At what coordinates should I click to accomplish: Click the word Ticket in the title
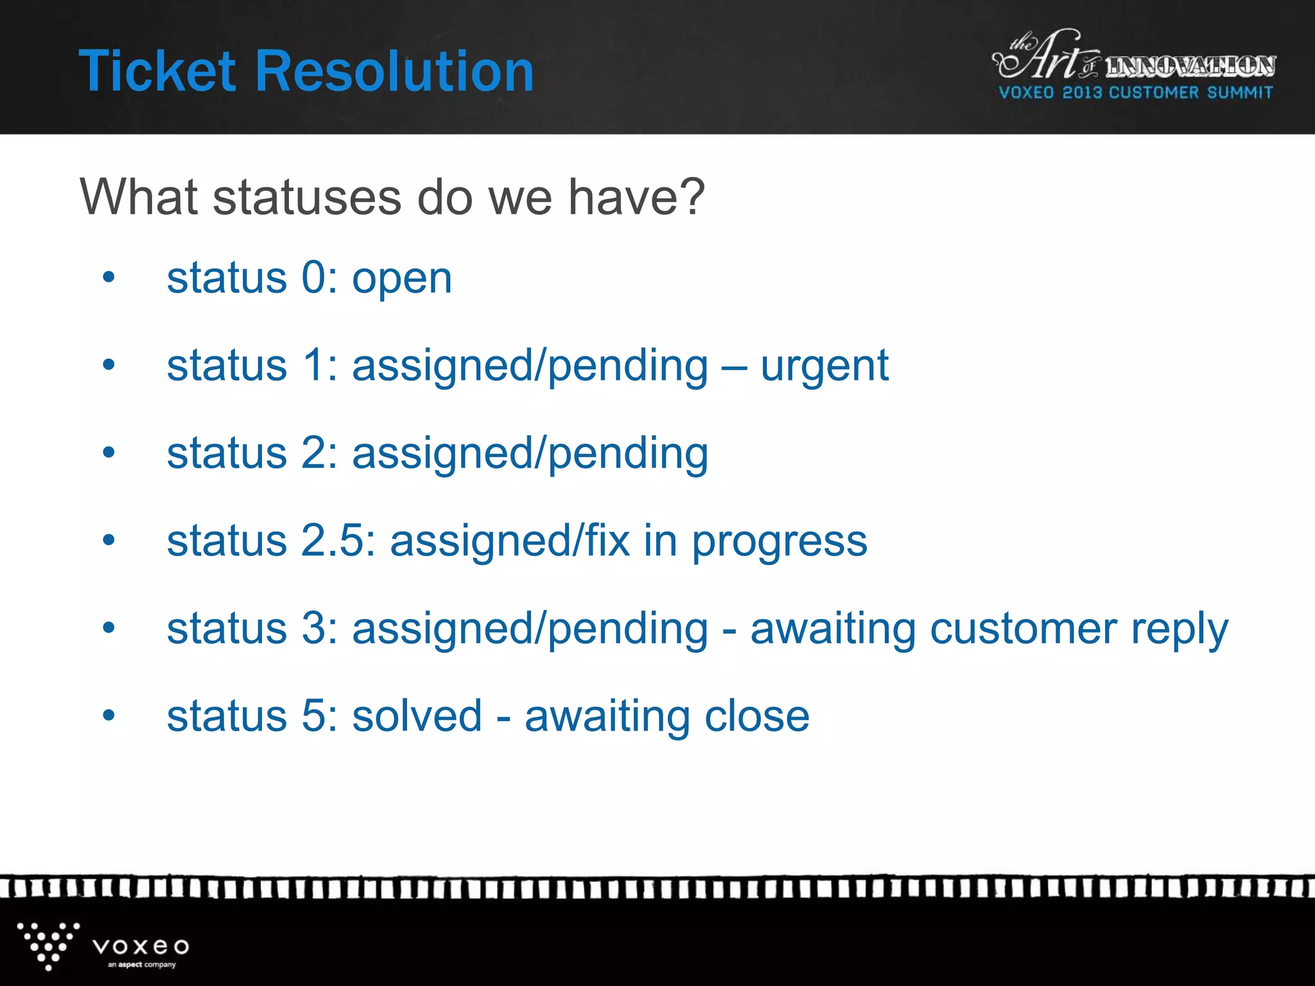(x=157, y=71)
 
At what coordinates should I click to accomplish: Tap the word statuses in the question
(x=306, y=197)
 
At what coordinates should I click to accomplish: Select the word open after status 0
(x=402, y=280)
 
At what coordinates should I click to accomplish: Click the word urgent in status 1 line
(x=824, y=367)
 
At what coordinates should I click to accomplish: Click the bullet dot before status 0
(x=109, y=277)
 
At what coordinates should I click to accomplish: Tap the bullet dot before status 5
(x=109, y=715)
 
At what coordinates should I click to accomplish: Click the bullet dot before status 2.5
(x=109, y=540)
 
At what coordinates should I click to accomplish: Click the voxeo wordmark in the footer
(x=141, y=946)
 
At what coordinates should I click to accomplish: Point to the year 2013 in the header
(x=1082, y=92)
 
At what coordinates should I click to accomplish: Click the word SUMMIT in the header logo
(x=1239, y=92)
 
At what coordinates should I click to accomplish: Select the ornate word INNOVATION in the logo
(x=1190, y=66)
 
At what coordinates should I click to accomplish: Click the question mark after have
(x=692, y=197)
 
